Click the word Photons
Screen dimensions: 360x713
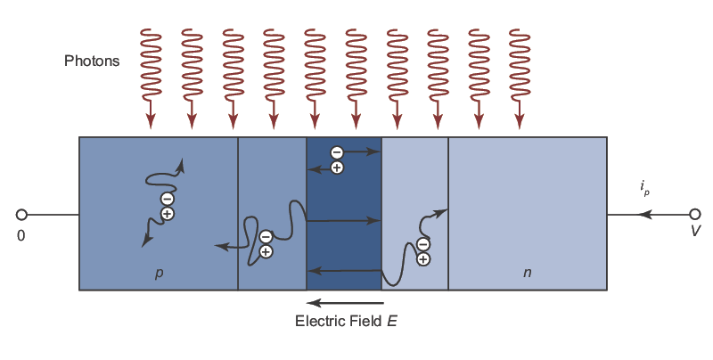pos(92,61)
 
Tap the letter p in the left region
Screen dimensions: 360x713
pos(159,272)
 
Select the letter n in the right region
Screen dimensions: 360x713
pos(527,272)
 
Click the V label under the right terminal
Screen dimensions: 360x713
pos(695,232)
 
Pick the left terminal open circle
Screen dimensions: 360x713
pos(21,215)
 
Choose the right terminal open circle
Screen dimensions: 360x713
pos(695,215)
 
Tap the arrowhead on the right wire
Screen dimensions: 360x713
pos(646,215)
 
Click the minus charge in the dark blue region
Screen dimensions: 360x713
pos(336,152)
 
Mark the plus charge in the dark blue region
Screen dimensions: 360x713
pos(336,167)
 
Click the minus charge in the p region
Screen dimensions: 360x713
pos(167,199)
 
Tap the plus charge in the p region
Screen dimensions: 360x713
pos(167,214)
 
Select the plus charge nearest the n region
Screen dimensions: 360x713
pos(423,259)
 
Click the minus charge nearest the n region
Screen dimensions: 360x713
pos(423,244)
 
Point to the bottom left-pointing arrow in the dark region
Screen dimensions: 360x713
pos(343,270)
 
